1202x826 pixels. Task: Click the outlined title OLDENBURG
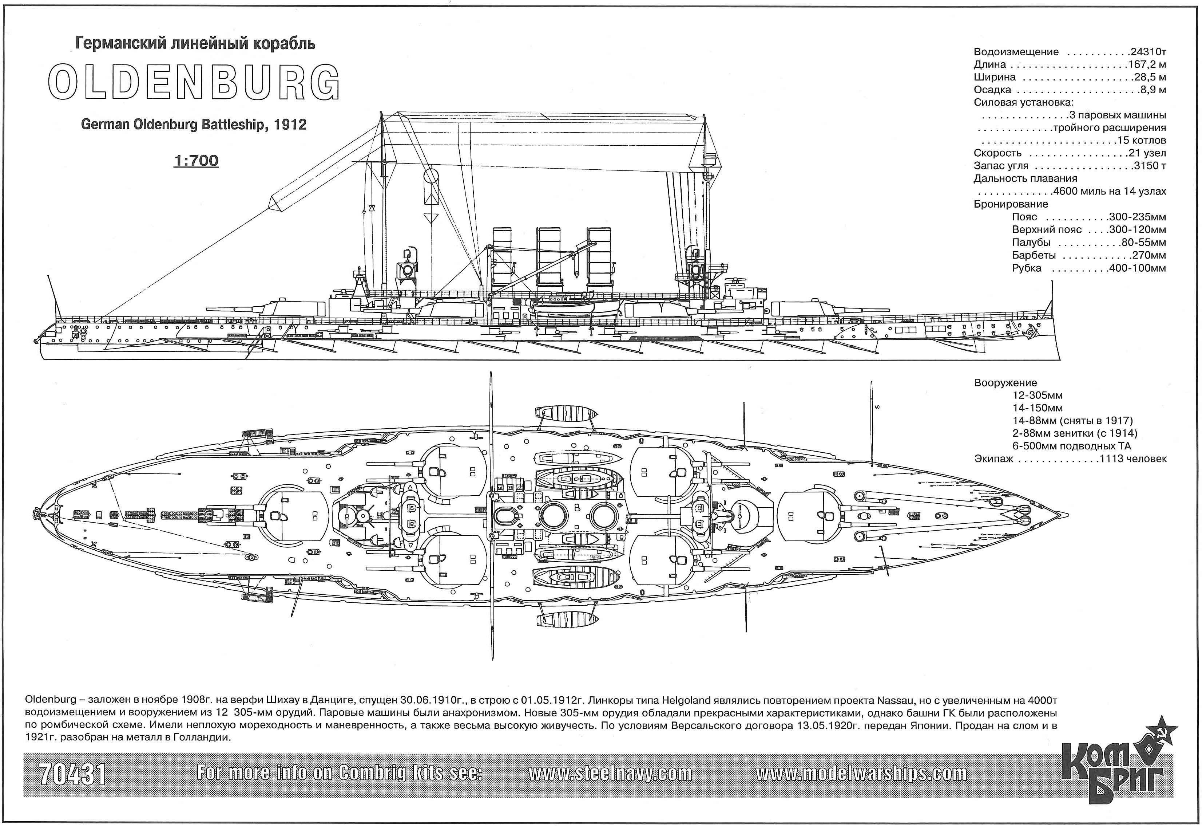tap(194, 82)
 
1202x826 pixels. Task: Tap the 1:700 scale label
tap(196, 161)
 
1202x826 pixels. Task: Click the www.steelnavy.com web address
tap(610, 774)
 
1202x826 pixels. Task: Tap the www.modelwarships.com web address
tap(861, 774)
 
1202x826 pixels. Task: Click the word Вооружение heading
tap(1005, 383)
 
